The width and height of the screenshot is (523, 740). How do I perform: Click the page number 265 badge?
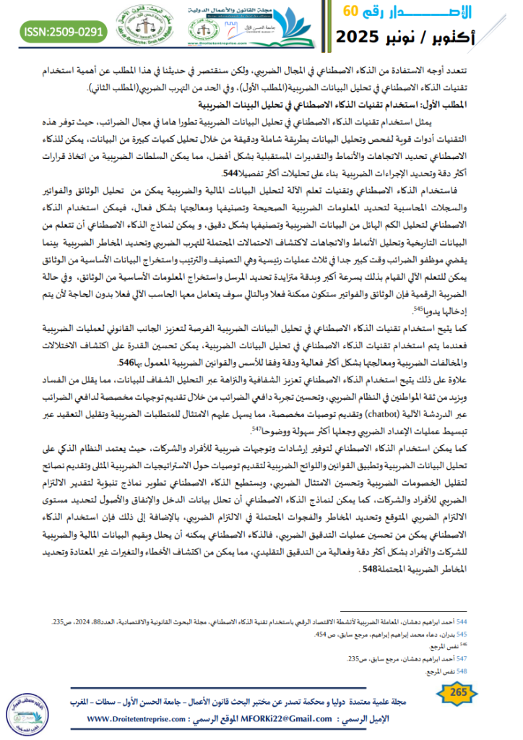pyautogui.click(x=452, y=694)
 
